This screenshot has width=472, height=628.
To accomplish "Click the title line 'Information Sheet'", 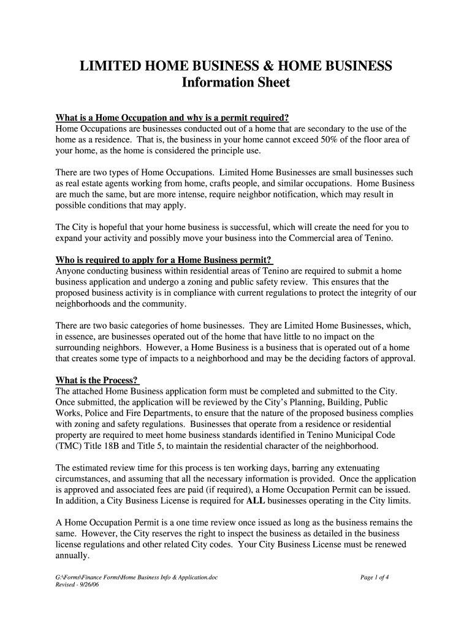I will (x=236, y=83).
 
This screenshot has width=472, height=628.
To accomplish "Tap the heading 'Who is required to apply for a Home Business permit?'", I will (x=164, y=259).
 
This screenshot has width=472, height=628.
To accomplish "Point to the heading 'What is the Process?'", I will (x=96, y=380).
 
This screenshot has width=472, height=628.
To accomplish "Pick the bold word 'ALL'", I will (x=256, y=501).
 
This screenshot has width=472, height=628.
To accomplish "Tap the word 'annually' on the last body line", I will (x=72, y=556).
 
